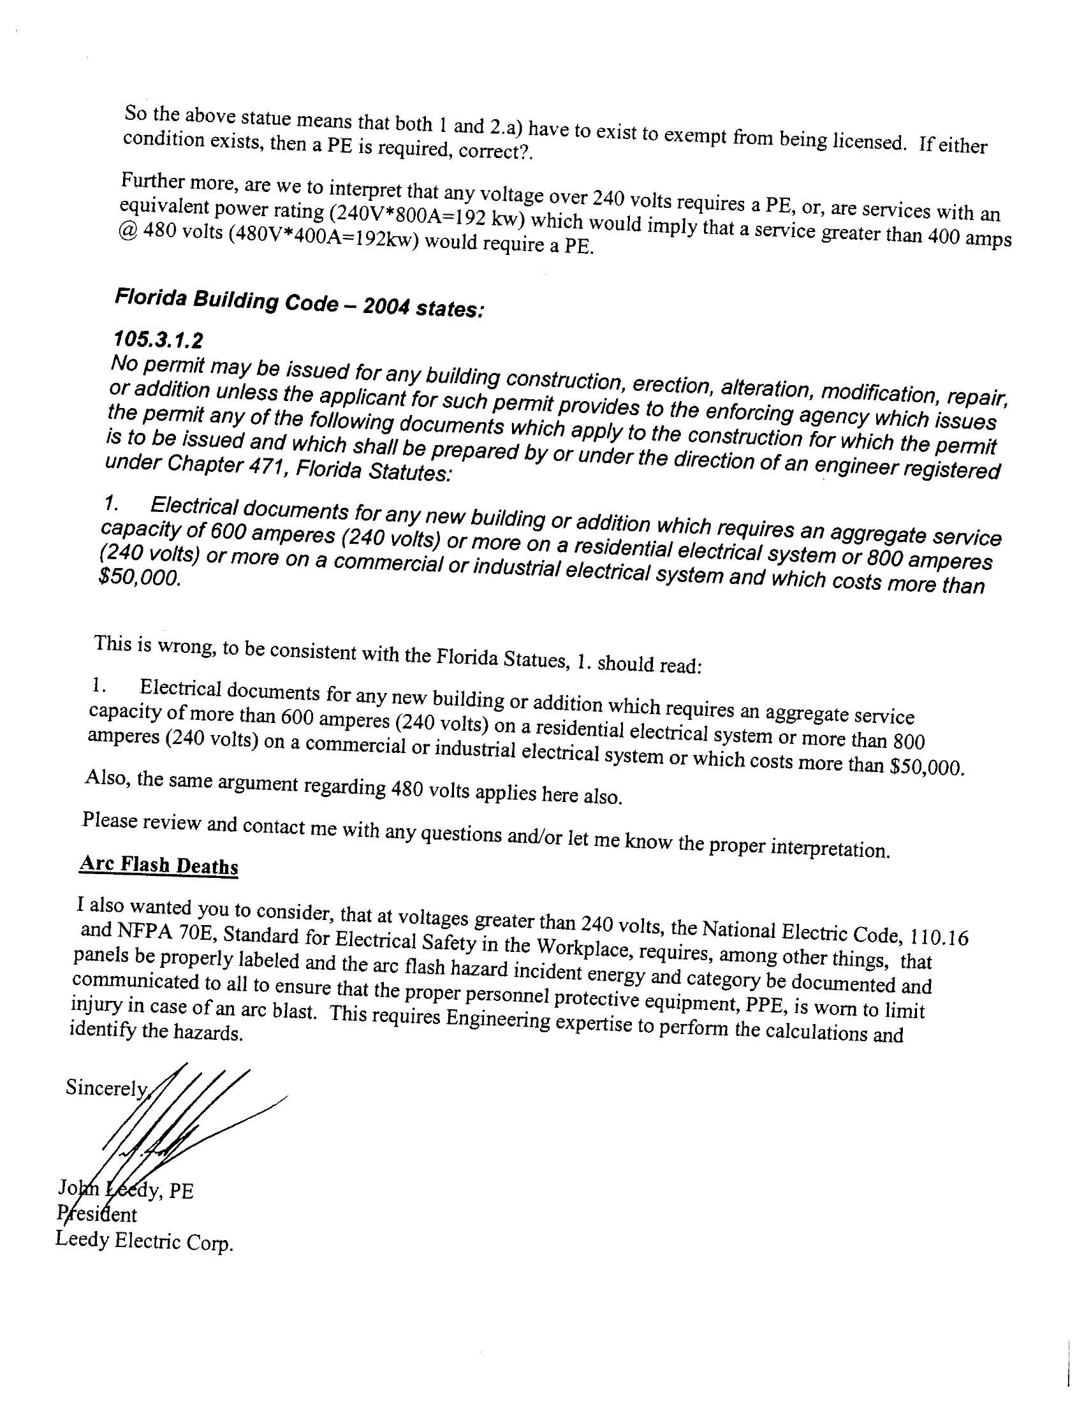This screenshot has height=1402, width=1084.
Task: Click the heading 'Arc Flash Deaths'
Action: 158,865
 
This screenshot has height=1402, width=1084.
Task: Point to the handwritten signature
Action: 180,1130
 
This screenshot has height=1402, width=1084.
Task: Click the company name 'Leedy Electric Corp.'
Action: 144,1241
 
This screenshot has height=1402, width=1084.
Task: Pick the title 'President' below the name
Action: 97,1214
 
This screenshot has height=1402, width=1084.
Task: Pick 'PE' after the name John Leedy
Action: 180,1192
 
